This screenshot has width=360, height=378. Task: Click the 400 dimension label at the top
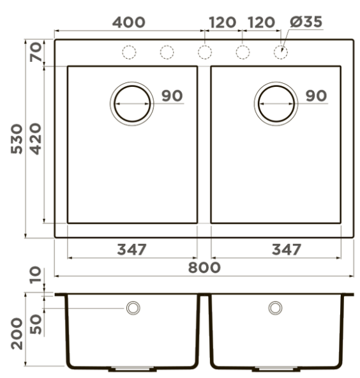pyautogui.click(x=129, y=22)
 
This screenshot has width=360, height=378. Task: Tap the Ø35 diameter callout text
pyautogui.click(x=306, y=22)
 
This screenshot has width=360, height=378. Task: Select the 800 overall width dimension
pyautogui.click(x=204, y=268)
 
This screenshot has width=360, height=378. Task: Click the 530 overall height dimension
pyautogui.click(x=17, y=139)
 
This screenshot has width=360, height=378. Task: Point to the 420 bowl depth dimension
pyautogui.click(x=36, y=139)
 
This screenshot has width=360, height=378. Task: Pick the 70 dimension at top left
pyautogui.click(x=36, y=52)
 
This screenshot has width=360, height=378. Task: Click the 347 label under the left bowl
pyautogui.click(x=131, y=250)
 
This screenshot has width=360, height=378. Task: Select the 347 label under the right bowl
pyautogui.click(x=287, y=250)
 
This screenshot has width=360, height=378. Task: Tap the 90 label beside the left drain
pyautogui.click(x=172, y=96)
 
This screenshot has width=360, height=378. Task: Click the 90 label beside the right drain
pyautogui.click(x=316, y=96)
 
